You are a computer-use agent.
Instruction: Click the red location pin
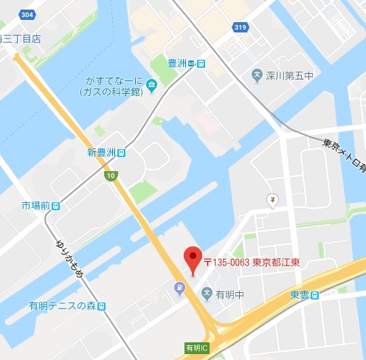pyautogui.click(x=192, y=259)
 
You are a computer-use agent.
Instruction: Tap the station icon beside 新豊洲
pyautogui.click(x=122, y=153)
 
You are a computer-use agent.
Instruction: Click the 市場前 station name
pyautogui.click(x=35, y=204)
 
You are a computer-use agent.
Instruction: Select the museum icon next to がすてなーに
pyautogui.click(x=151, y=86)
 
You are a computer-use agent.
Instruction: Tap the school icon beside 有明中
pyautogui.click(x=207, y=294)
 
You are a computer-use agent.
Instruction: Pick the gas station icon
pyautogui.click(x=179, y=288)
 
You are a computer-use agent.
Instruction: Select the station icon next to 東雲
pyautogui.click(x=316, y=295)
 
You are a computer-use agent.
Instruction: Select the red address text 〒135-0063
pyautogui.click(x=226, y=263)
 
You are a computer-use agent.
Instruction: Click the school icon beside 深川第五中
pyautogui.click(x=258, y=75)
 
